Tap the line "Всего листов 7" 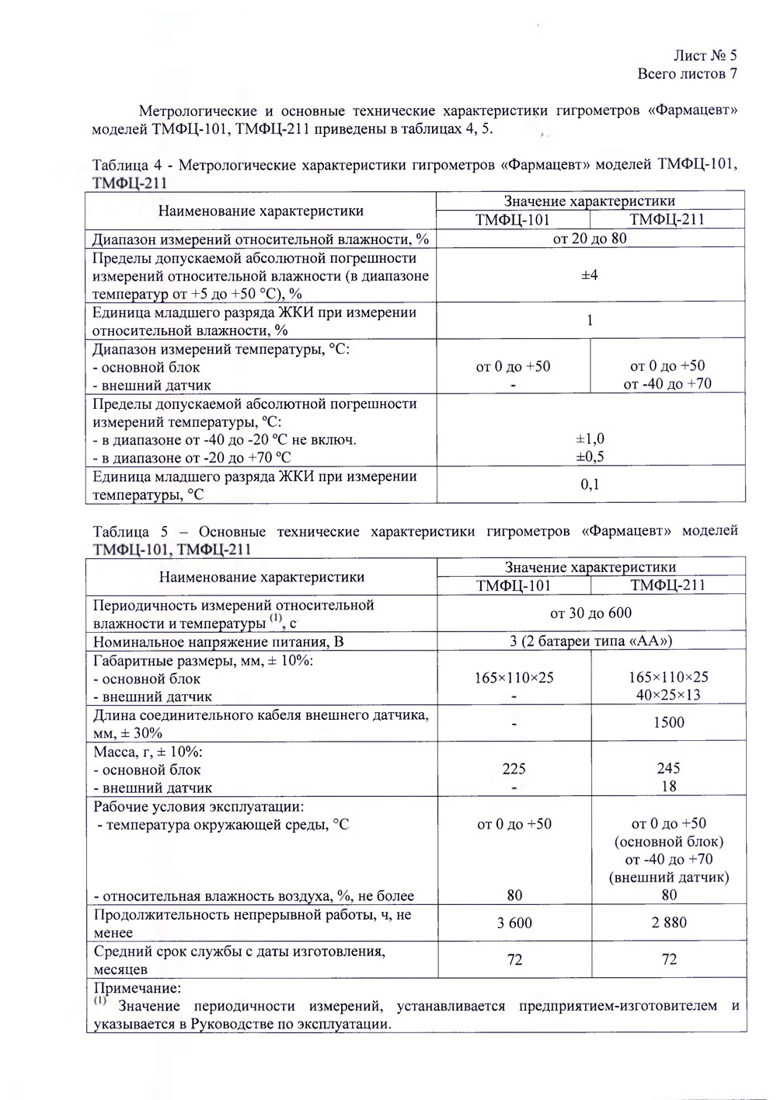[x=686, y=74]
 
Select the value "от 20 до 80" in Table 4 [x=590, y=238]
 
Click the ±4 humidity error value [x=590, y=274]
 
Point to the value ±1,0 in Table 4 [x=590, y=439]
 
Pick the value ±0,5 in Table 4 [x=590, y=457]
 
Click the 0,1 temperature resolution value [x=590, y=484]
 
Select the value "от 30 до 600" [x=591, y=613]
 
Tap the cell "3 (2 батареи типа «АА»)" [x=591, y=641]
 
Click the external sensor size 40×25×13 [x=668, y=695]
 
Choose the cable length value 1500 [x=668, y=723]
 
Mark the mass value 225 [x=514, y=769]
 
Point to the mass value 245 [x=668, y=768]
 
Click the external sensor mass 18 [x=668, y=786]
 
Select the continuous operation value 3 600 [x=514, y=923]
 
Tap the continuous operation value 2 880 [x=668, y=923]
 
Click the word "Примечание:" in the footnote [x=137, y=989]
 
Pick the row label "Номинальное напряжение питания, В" [x=218, y=642]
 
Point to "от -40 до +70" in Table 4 [x=667, y=383]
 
